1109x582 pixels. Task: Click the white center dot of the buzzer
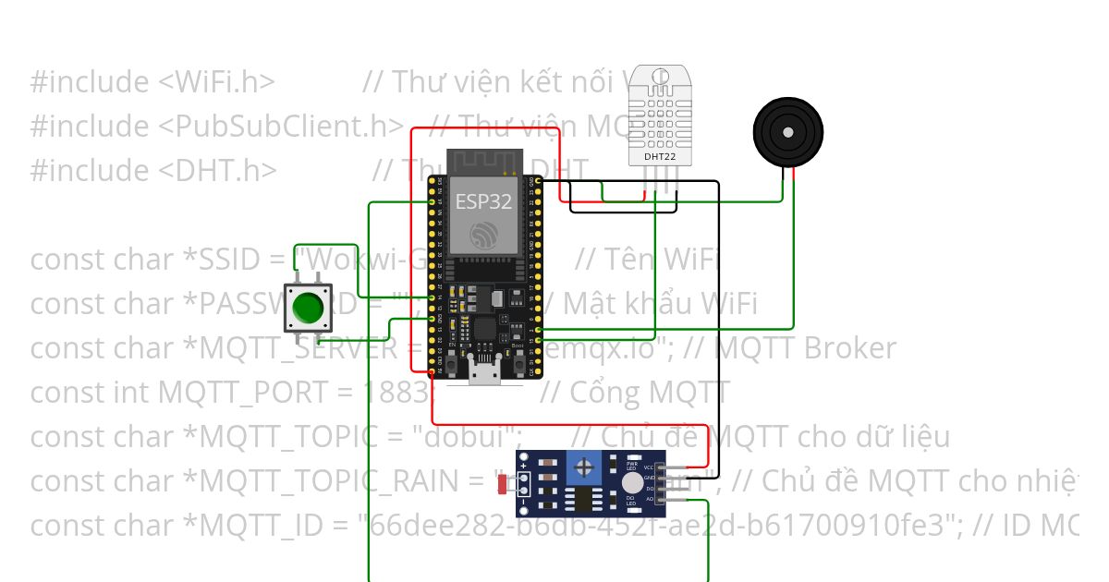tap(787, 132)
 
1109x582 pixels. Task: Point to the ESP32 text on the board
tap(483, 202)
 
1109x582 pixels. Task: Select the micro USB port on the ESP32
tap(482, 372)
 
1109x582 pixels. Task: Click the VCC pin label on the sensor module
tap(650, 468)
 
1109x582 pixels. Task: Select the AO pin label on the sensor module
tap(650, 500)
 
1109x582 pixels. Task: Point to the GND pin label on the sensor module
tap(650, 479)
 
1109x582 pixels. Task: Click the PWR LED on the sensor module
tap(632, 465)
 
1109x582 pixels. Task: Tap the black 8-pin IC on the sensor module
tap(584, 500)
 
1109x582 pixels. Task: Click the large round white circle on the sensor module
tap(632, 482)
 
